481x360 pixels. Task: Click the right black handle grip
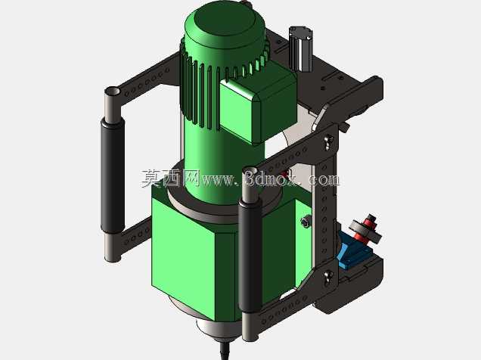coord(250,255)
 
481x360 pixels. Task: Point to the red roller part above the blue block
coord(367,228)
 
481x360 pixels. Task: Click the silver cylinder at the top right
coord(300,48)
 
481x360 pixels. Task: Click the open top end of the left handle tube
coord(112,91)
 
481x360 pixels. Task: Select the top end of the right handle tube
coord(250,170)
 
